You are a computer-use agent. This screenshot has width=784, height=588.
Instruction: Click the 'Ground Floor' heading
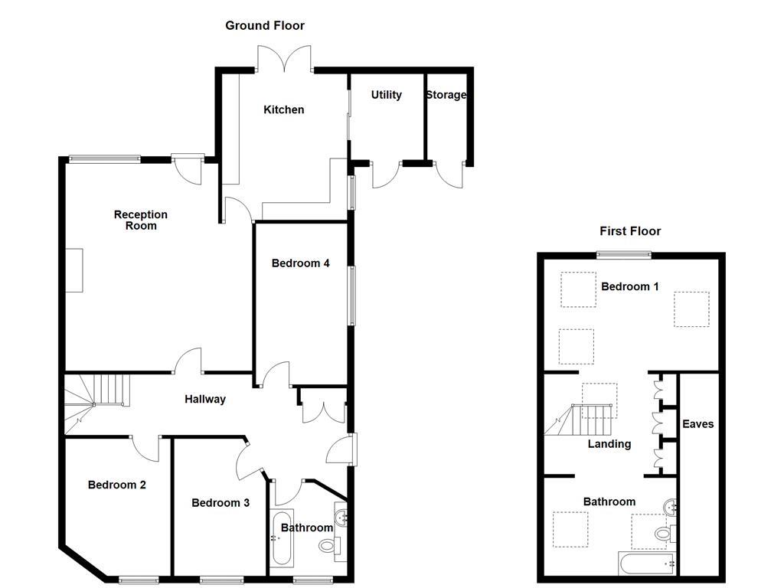pyautogui.click(x=264, y=26)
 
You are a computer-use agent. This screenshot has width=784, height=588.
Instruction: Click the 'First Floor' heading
pyautogui.click(x=629, y=231)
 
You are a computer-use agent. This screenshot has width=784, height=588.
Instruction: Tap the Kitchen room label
pyautogui.click(x=283, y=110)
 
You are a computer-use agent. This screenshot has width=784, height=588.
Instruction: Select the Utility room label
pyautogui.click(x=386, y=95)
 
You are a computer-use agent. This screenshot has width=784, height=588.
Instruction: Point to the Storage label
pyautogui.click(x=446, y=95)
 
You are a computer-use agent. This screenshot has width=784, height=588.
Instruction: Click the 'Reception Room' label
pyautogui.click(x=141, y=220)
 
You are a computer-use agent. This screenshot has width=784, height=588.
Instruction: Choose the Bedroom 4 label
pyautogui.click(x=300, y=263)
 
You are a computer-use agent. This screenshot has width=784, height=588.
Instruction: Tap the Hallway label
pyautogui.click(x=205, y=399)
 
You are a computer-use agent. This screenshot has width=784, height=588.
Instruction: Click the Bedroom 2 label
pyautogui.click(x=116, y=485)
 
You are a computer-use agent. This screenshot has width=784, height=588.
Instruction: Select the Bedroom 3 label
pyautogui.click(x=220, y=503)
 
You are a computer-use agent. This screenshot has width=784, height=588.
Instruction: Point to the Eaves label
pyautogui.click(x=698, y=424)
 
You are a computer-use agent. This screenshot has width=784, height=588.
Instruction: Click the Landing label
pyautogui.click(x=609, y=444)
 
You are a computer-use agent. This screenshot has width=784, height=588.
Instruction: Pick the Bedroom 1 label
pyautogui.click(x=629, y=287)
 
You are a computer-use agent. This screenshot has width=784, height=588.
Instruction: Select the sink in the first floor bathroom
pyautogui.click(x=671, y=506)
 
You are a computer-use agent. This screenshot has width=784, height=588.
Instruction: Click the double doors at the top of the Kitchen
pyautogui.click(x=285, y=60)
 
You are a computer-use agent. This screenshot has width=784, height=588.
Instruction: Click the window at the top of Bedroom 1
pyautogui.click(x=624, y=255)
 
